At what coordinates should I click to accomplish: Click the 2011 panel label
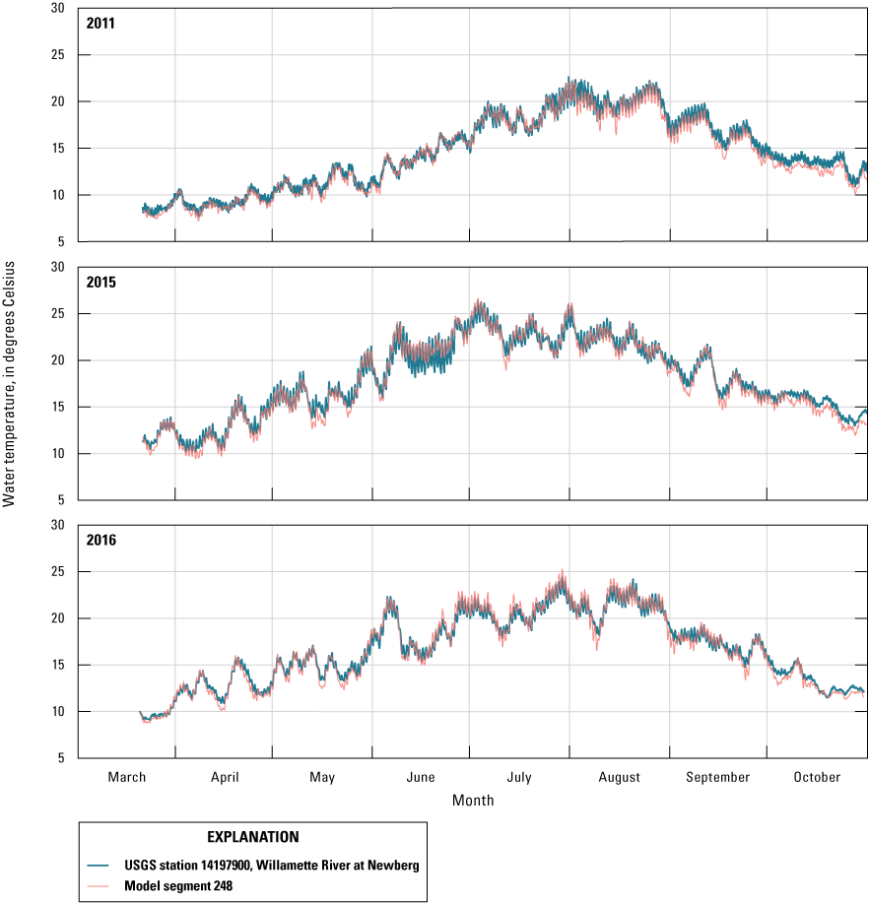coord(101,23)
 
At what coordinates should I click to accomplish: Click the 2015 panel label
coord(101,282)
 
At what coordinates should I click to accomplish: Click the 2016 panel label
coord(101,541)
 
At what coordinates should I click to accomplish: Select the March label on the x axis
coord(127,777)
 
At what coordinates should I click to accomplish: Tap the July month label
coord(519,777)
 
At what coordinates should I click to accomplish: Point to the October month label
coord(817,777)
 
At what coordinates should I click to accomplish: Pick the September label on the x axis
coord(718,777)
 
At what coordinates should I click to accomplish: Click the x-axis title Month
coord(473,801)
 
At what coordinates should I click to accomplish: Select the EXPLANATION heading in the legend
coord(253,837)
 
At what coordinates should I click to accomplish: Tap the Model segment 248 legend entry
coord(177,885)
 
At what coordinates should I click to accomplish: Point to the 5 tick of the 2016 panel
coord(61,758)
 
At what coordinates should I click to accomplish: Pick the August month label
coord(619,777)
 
